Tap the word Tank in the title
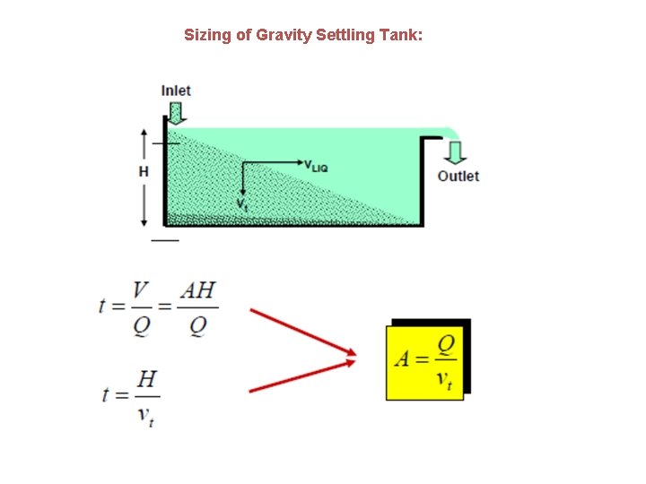click(397, 35)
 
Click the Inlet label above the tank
click(176, 91)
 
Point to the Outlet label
click(458, 177)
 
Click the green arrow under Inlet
click(176, 112)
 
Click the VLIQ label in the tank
click(319, 164)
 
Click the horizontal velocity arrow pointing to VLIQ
click(274, 163)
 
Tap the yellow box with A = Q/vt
click(424, 361)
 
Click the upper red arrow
click(301, 331)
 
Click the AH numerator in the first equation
click(197, 291)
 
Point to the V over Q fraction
click(141, 307)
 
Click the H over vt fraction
click(146, 397)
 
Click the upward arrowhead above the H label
click(144, 134)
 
